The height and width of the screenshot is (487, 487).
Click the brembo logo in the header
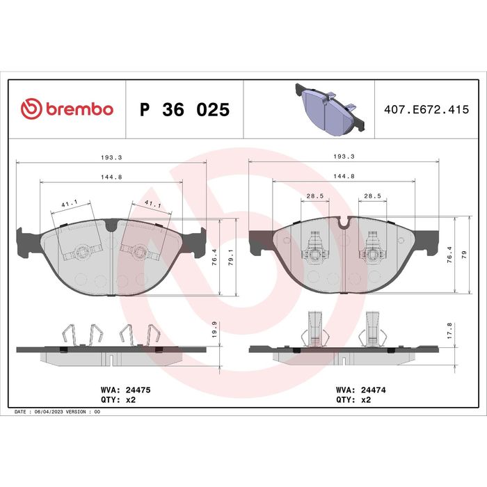67,109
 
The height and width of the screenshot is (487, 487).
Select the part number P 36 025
185,110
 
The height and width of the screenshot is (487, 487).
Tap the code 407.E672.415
426,110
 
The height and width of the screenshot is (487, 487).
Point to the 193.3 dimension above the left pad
111,157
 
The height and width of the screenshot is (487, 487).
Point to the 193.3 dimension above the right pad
344,157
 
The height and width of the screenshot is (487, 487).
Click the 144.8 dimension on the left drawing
111,177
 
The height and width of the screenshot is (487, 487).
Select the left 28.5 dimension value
315,196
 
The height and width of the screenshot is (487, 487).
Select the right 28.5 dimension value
372,196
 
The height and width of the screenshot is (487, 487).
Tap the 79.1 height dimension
231,257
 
